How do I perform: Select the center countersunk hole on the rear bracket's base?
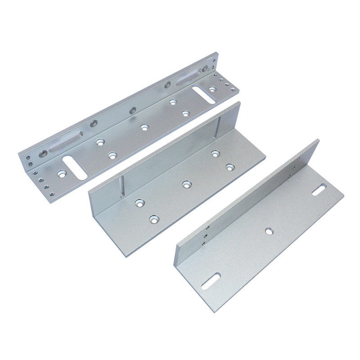[x=144, y=127]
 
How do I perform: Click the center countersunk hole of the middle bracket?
[x=186, y=184]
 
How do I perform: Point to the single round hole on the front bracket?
[x=269, y=231]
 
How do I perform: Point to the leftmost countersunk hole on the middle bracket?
[x=139, y=203]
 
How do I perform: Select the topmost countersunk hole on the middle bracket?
[x=216, y=153]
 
